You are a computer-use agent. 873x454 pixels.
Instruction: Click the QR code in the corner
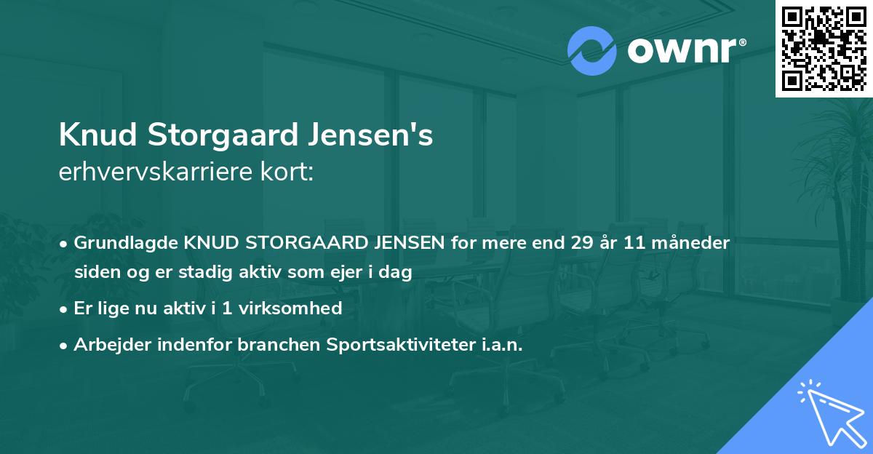tap(824, 49)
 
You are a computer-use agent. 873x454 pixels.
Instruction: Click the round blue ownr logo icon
tap(592, 51)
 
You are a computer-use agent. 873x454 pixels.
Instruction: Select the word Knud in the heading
tap(100, 135)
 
